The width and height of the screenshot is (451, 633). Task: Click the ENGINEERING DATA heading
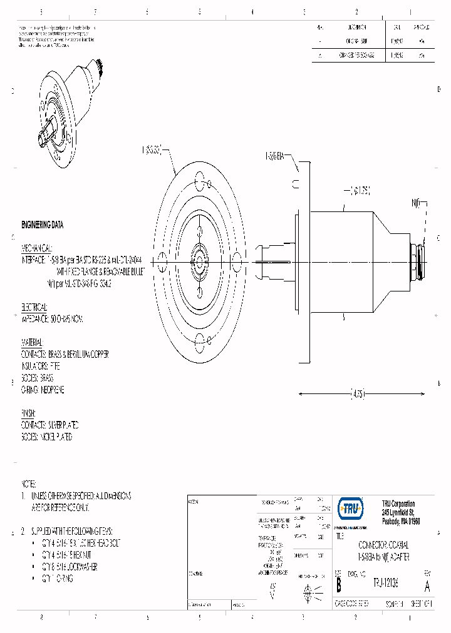42,225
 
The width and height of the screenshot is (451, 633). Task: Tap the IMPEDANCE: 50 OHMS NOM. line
52,319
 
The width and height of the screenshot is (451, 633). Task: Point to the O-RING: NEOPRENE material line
43,390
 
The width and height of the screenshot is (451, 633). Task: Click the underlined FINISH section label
29,413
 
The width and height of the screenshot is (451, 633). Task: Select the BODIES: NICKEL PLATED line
46,437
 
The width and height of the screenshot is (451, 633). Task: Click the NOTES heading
29,484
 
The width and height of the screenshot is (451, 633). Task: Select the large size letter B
339,585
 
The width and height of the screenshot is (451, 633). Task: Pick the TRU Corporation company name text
398,504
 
